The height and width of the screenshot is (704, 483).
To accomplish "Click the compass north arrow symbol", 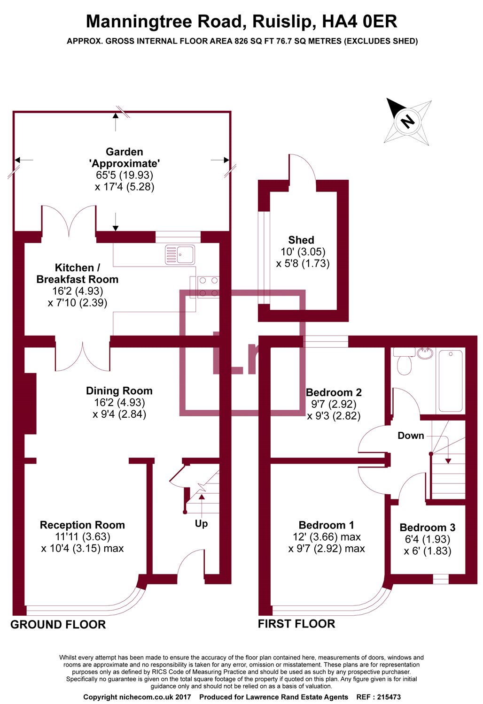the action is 407,121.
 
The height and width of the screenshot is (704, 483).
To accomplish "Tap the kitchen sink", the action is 179,254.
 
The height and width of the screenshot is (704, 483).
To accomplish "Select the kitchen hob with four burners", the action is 208,287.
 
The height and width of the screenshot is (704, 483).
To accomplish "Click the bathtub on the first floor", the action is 450,381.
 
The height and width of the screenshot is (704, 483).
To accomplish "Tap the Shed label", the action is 301,240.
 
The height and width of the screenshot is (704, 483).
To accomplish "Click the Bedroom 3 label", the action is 427,528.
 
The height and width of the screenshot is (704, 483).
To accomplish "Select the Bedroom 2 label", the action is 334,392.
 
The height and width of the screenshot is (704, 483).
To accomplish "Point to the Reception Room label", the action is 82,525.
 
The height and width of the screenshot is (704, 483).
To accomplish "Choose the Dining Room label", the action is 119,390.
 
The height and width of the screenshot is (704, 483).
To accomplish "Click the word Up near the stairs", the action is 201,523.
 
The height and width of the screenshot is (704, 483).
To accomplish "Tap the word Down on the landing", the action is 411,436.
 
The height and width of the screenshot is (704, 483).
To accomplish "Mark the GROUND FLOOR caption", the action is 58,625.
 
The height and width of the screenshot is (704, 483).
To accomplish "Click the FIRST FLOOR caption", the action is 296,624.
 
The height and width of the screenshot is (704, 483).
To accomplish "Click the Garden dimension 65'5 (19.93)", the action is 124,175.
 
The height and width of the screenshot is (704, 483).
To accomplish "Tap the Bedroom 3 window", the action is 440,579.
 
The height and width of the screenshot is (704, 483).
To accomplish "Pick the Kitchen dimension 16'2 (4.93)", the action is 78,291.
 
